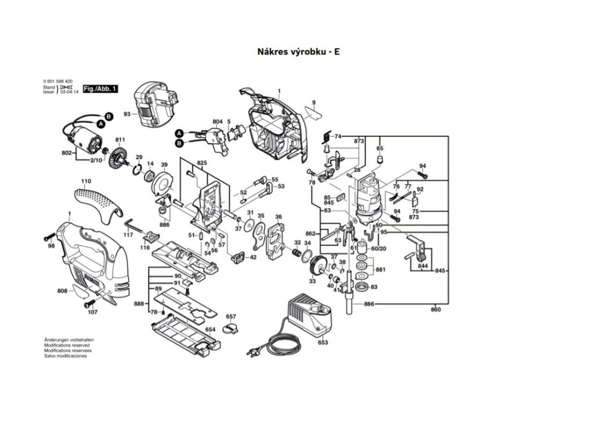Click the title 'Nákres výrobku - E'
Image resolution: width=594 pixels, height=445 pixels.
coord(298,52)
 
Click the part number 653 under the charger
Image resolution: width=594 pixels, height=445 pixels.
coord(323,342)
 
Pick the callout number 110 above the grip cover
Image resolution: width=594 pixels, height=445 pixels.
coord(86,181)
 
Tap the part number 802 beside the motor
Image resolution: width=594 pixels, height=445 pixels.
coord(66,153)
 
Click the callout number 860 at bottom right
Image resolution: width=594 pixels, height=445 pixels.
coord(436,310)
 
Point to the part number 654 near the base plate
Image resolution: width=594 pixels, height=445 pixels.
coord(210,329)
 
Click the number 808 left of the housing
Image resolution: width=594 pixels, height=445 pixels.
coord(62,290)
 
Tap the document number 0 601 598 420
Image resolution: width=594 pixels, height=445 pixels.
coord(58,81)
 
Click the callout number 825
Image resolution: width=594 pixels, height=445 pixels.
coord(201,164)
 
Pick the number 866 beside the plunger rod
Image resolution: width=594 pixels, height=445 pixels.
coord(368,304)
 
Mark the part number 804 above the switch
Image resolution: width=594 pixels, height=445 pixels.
coord(217,122)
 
